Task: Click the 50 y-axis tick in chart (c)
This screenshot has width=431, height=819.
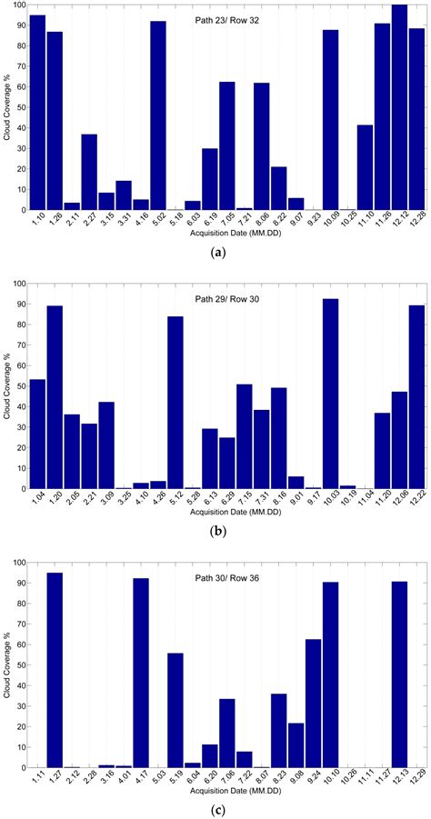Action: pos(20,665)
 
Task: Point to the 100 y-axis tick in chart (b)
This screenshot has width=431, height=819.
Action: pos(18,284)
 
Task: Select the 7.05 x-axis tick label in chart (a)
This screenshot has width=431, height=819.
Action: pos(226,221)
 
